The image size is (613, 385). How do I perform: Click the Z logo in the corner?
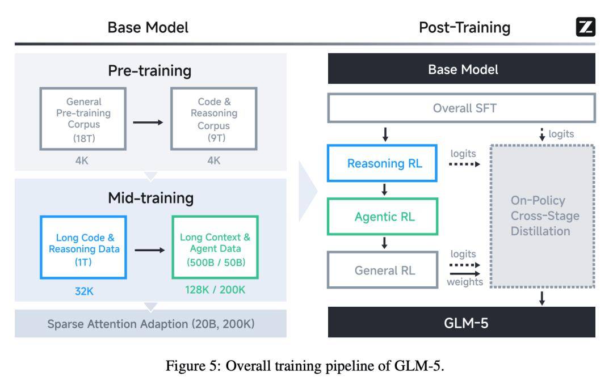[585, 27]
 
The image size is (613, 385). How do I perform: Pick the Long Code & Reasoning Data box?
[83, 247]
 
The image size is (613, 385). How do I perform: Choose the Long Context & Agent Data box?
[215, 247]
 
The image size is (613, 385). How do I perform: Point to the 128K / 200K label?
[215, 289]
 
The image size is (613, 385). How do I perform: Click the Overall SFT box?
[461, 108]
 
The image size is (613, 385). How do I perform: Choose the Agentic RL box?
[384, 217]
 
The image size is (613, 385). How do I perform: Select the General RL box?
[384, 270]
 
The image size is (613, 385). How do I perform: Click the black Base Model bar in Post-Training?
[461, 69]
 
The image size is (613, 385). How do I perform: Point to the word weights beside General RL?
[464, 282]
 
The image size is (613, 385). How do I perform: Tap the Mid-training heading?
[150, 197]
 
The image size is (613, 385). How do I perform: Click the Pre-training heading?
[149, 71]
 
